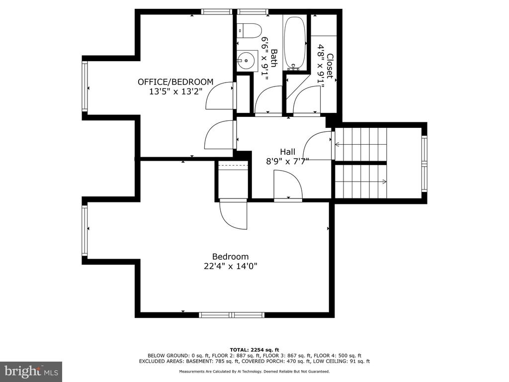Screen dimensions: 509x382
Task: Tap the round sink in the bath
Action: point(246,60)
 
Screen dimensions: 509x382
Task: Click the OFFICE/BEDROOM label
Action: point(175,82)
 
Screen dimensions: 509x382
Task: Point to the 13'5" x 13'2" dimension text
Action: point(175,92)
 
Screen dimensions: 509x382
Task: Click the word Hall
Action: point(288,152)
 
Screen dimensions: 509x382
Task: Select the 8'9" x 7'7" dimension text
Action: point(288,162)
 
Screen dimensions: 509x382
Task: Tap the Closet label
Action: point(330,66)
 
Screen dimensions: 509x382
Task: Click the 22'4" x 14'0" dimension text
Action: point(231,267)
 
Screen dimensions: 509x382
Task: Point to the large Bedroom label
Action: point(231,257)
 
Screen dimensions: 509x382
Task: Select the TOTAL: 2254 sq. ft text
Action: point(254,350)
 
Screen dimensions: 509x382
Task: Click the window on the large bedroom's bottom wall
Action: point(232,314)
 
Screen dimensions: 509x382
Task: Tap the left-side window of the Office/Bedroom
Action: point(85,87)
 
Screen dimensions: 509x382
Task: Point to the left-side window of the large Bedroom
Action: point(85,230)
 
